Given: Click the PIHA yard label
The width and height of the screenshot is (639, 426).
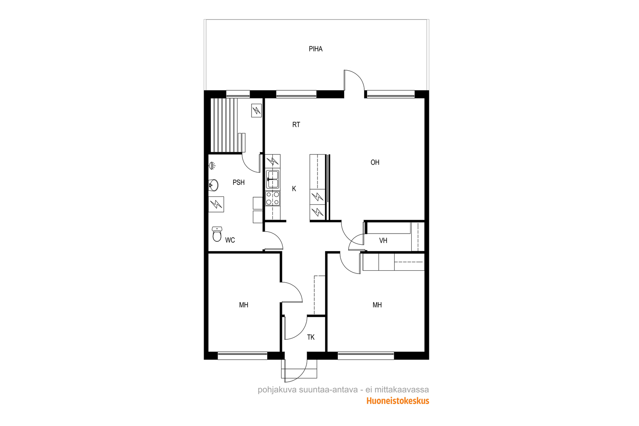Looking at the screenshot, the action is click(316, 49).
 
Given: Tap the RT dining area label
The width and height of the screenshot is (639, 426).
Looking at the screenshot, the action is click(296, 125).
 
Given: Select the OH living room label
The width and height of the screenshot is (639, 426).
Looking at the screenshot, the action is click(375, 162).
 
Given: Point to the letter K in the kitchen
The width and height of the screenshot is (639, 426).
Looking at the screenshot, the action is click(294, 188).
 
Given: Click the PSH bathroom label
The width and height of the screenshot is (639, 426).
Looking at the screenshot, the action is click(238, 182).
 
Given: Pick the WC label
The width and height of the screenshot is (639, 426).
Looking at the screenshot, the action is click(230, 240).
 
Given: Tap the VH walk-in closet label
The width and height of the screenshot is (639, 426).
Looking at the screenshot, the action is click(383, 241).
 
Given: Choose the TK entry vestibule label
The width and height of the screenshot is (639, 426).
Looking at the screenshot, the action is click(311, 337).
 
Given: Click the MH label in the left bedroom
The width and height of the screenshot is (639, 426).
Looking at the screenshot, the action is click(244, 305).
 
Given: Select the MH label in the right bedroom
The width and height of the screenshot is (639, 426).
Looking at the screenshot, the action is click(377, 305).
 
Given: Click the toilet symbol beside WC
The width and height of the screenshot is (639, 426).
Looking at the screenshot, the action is click(217, 234).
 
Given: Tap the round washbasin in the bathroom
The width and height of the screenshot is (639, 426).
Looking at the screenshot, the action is click(213, 185).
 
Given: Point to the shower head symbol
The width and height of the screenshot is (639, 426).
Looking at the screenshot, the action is click(212, 165).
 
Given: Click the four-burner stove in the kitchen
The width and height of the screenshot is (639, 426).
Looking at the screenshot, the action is click(273, 198).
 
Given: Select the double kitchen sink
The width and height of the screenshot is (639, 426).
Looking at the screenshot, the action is click(273, 180).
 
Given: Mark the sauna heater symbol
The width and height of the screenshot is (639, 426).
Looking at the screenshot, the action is click(256, 110).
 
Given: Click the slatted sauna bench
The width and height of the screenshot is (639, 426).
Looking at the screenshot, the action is click(228, 125).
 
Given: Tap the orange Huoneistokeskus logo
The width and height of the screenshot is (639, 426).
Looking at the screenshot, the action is click(398, 401).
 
